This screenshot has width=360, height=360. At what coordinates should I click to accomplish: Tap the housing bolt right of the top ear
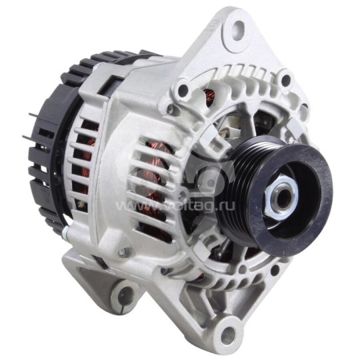(286, 81)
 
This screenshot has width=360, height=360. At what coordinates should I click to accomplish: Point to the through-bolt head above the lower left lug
(121, 251)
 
